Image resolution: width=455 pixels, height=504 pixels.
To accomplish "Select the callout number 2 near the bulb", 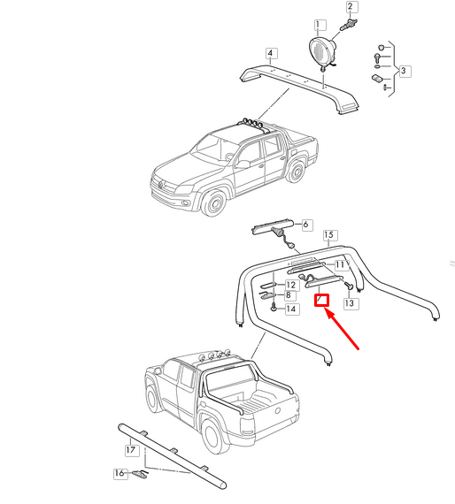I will coord(351,7).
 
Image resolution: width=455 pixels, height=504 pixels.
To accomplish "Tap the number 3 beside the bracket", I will coord(403,70).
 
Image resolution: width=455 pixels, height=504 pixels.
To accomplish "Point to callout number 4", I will coord(270,54).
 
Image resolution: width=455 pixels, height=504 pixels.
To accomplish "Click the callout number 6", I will coord(306,225).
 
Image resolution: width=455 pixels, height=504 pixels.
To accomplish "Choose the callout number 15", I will coord(329,235).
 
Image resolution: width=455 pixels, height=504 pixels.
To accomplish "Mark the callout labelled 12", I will coord(289,286).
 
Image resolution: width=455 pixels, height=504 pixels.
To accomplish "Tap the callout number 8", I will coord(289,296).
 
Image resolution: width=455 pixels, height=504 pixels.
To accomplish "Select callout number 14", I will coord(291,309).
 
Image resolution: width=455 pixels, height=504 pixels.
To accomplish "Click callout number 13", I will coord(350,303).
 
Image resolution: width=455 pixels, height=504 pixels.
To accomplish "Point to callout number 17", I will coord(130,450).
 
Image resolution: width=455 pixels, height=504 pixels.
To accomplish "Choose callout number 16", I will coord(120,474).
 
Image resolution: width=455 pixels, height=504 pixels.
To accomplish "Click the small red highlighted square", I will coord(323,300).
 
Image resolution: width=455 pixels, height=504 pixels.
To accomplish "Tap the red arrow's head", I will coord(330,310).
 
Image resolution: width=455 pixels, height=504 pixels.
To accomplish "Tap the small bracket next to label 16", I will coord(140,475).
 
